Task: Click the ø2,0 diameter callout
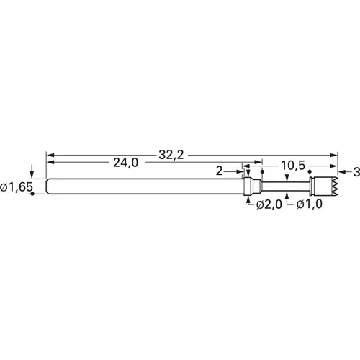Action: (x=269, y=206)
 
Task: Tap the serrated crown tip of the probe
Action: (x=328, y=187)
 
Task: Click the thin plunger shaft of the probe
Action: (x=284, y=187)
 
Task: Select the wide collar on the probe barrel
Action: (x=249, y=186)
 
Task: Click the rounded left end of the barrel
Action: (x=48, y=186)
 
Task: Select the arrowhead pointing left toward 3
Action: (x=341, y=171)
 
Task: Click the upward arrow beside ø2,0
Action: (x=249, y=201)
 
